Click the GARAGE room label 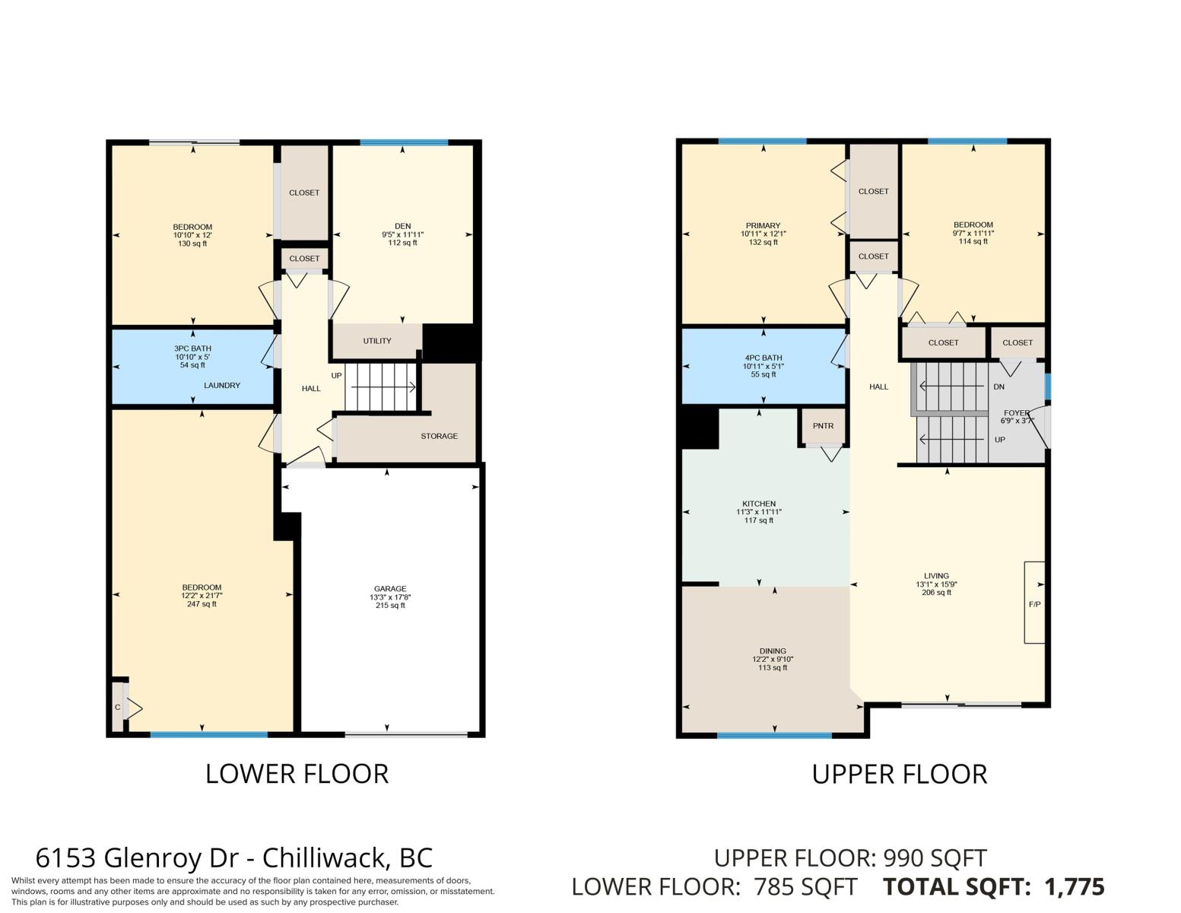coord(389,588)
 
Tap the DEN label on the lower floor coord(402,226)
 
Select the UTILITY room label coord(376,341)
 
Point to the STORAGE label coord(439,436)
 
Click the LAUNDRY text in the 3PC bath coord(222,386)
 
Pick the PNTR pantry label coord(823,426)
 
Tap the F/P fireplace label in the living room coord(1034,604)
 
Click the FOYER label coord(1016,412)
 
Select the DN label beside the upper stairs coord(998,387)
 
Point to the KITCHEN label coord(759,504)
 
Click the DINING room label coord(773,651)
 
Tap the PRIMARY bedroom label coord(763,226)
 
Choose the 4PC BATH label coord(763,358)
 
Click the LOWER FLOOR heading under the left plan coord(297,775)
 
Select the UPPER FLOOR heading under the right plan coord(900,775)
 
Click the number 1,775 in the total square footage coord(1075,887)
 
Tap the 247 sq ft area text coord(202,604)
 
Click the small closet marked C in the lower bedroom coord(117,708)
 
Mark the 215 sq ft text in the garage coord(390,605)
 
